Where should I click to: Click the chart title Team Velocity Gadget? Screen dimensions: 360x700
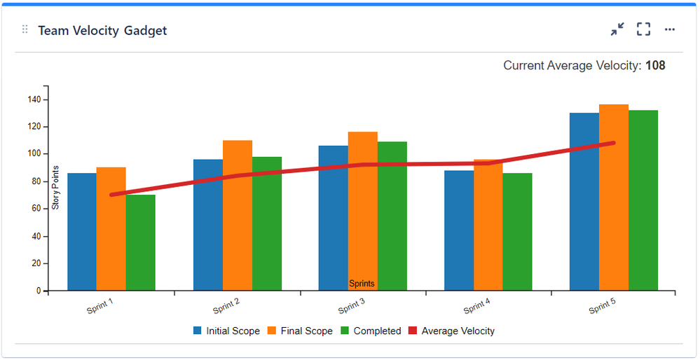click(x=102, y=30)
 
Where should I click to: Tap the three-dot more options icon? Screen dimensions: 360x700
click(x=670, y=29)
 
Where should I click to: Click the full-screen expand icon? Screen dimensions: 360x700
click(x=643, y=29)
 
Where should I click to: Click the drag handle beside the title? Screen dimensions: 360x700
click(x=25, y=29)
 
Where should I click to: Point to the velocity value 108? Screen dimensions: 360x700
click(x=655, y=66)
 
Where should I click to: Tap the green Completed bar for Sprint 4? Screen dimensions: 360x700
click(x=517, y=232)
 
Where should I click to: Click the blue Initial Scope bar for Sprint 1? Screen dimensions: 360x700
click(x=82, y=231)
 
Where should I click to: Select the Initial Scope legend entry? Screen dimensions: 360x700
click(x=226, y=331)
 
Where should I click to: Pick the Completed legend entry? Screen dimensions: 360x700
click(x=371, y=331)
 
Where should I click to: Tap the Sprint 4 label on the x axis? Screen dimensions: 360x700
click(x=476, y=307)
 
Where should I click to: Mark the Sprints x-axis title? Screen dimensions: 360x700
click(x=362, y=284)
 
